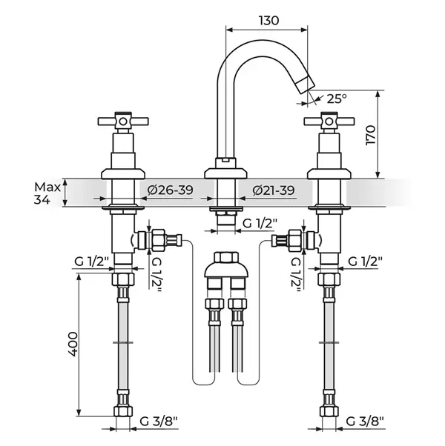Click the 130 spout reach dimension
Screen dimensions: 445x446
pos(268,21)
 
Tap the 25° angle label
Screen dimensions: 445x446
pos(337,99)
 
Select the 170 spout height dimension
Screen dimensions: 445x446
pos(371,135)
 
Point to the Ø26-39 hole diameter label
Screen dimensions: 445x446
pos(170,190)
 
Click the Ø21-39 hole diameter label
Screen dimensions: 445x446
pos(274,190)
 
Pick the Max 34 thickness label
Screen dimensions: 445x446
pos(47,193)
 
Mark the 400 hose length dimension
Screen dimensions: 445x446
pos(73,344)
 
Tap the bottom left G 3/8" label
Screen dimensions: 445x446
pos(159,422)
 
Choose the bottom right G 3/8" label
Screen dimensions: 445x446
pos(366,422)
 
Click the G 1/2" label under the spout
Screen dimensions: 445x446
pos(260,224)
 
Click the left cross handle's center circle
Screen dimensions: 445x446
pos(123,122)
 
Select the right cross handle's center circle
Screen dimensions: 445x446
pos(329,122)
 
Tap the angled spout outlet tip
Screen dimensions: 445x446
pos(305,84)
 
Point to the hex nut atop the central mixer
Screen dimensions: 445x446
pos(226,257)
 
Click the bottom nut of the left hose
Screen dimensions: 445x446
pos(123,411)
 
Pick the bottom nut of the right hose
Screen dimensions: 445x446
pos(329,411)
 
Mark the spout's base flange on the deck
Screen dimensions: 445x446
pos(225,173)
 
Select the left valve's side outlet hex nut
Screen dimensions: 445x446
pos(158,240)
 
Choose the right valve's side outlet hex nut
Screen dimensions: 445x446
pos(294,241)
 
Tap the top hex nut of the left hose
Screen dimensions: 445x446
pos(123,279)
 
